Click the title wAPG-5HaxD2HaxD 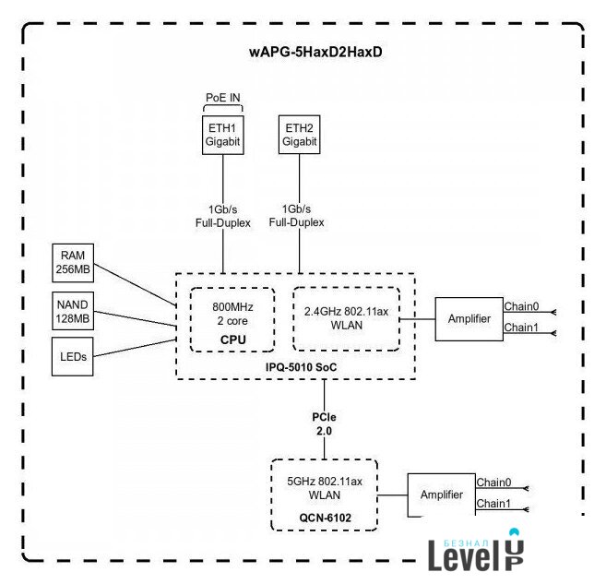315,52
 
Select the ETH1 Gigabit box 221,134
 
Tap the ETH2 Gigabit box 299,134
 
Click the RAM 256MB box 74,262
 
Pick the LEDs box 74,356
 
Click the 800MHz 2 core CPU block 231,318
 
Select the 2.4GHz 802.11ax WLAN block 346,318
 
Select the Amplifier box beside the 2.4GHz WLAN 469,319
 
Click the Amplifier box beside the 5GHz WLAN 441,495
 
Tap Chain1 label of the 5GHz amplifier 493,504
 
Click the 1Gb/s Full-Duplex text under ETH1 221,216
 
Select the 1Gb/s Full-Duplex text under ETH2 297,216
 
